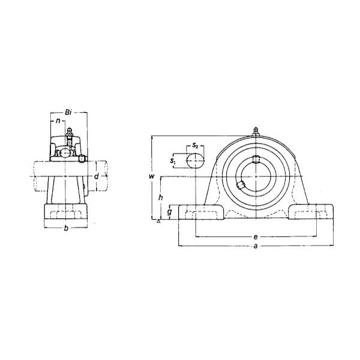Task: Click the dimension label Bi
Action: (x=68, y=112)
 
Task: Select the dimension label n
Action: (x=58, y=121)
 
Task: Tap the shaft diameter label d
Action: (x=97, y=176)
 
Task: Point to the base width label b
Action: (x=66, y=228)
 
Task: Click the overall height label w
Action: (x=152, y=176)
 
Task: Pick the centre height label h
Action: (x=161, y=197)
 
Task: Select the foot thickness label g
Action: (x=169, y=211)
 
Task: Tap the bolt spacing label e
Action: (x=256, y=237)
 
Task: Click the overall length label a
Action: (x=256, y=246)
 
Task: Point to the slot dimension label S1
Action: (x=173, y=161)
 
